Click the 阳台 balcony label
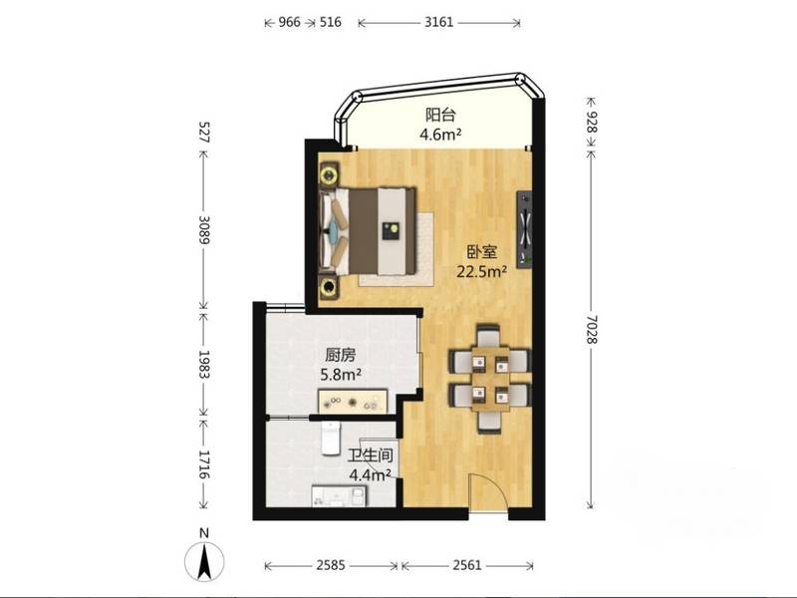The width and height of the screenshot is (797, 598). (x=440, y=115)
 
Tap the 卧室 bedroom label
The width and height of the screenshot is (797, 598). (x=482, y=252)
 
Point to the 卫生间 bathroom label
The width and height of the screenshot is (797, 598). (x=370, y=455)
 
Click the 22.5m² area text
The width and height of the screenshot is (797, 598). (x=482, y=272)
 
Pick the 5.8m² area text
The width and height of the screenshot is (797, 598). (x=341, y=376)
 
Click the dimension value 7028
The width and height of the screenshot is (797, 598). (x=591, y=330)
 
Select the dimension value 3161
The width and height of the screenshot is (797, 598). (x=438, y=22)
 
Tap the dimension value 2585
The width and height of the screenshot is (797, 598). (x=331, y=565)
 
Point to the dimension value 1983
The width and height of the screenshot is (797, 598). (x=204, y=364)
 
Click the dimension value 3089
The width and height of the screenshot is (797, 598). (x=204, y=230)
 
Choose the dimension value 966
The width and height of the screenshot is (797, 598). (x=289, y=22)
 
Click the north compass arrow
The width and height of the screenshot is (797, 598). (x=204, y=561)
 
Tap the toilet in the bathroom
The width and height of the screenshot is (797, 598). (x=331, y=438)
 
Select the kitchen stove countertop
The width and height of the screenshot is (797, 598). (x=353, y=402)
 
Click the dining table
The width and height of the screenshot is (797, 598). (x=490, y=379)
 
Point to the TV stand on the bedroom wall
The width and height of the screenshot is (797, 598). (x=525, y=229)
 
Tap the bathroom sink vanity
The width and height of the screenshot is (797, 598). (x=338, y=495)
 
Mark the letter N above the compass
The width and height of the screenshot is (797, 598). (x=204, y=533)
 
